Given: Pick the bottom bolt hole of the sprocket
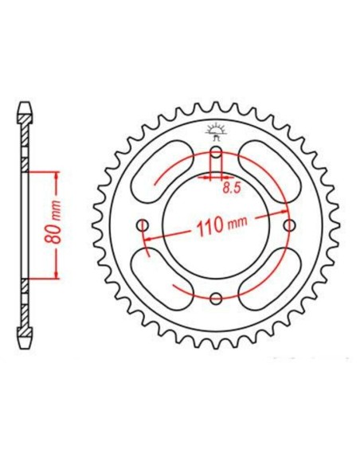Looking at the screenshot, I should pos(216,298).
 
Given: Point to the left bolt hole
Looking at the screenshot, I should pos(143,225).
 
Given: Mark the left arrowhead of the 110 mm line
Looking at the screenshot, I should pos(146,236).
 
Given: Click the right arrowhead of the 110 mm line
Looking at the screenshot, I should pos(287,217).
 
